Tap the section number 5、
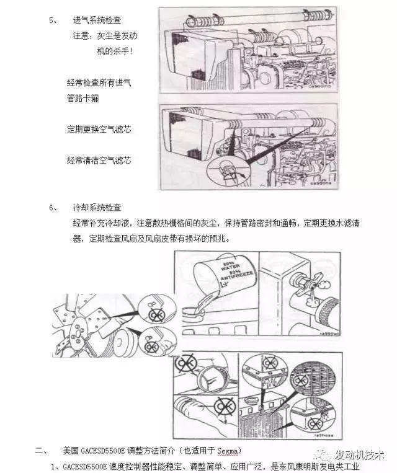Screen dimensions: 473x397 53,20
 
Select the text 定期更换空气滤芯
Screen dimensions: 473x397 99,130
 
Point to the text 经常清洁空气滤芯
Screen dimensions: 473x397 99,160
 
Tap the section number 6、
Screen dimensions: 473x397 53,207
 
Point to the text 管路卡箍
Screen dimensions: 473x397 84,98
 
